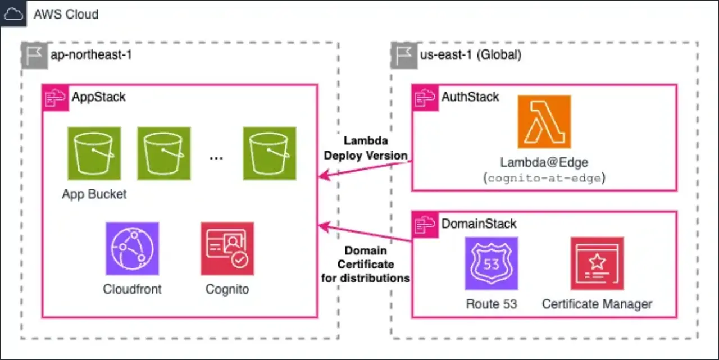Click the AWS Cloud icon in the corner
tap(13, 13)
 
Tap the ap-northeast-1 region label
tap(91, 55)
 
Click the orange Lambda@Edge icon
tap(544, 122)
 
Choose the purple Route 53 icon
tap(491, 263)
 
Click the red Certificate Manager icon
tap(597, 263)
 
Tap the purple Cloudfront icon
tap(132, 248)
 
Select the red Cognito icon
tap(227, 248)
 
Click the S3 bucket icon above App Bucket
tap(94, 153)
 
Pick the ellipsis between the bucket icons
tap(216, 158)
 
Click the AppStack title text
tap(98, 97)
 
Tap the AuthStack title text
tap(470, 97)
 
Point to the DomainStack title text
tap(479, 224)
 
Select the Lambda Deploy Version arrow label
tap(366, 147)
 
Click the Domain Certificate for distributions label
tap(366, 264)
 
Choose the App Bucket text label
tap(94, 194)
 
